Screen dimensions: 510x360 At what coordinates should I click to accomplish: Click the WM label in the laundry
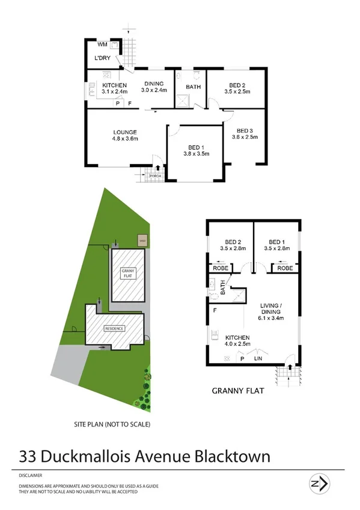(x=102, y=45)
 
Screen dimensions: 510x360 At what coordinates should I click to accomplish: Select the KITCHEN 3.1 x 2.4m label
(x=114, y=88)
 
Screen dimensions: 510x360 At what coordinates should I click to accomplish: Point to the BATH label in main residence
(x=193, y=87)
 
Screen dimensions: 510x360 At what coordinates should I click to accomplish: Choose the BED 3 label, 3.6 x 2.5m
(x=245, y=134)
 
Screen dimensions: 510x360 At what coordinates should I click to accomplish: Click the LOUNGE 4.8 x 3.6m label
(x=125, y=135)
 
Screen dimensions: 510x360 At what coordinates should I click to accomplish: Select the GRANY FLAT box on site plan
(x=128, y=276)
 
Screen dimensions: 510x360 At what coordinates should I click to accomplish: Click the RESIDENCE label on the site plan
(x=114, y=328)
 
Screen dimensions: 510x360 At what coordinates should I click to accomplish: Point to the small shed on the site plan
(x=142, y=240)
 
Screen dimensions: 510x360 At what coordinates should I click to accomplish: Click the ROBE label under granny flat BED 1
(x=285, y=268)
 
